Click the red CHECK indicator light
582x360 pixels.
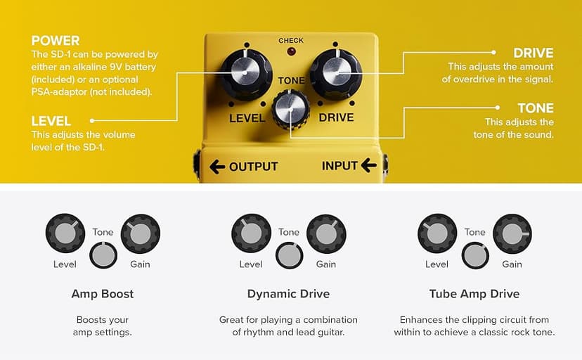click(291, 53)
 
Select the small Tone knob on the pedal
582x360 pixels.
click(291, 109)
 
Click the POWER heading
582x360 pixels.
click(56, 40)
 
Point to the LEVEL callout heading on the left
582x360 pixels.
click(51, 121)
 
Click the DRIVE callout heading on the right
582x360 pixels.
click(533, 53)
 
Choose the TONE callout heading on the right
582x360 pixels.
click(536, 108)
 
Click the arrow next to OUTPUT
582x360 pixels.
click(218, 167)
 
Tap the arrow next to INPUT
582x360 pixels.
click(368, 166)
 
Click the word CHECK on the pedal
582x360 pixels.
click(291, 41)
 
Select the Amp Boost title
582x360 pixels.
click(103, 294)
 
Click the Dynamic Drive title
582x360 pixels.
click(288, 294)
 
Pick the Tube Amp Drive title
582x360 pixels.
click(474, 294)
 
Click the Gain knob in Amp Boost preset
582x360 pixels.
click(141, 234)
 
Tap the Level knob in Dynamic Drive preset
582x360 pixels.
click(251, 234)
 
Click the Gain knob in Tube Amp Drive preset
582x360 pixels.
click(512, 234)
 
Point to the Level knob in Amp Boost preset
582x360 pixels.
click(65, 234)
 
